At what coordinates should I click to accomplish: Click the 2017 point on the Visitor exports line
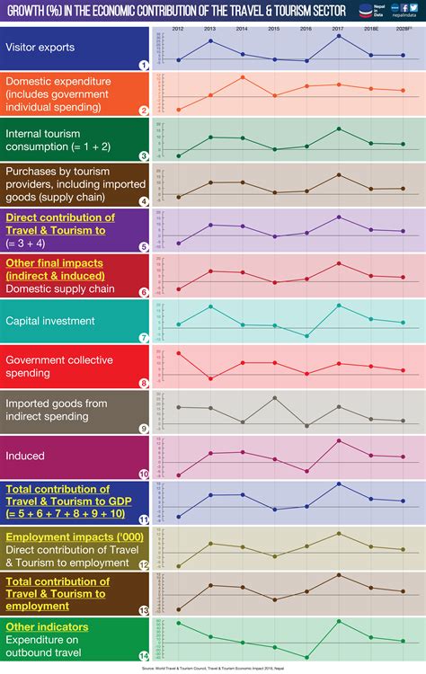tap(339, 36)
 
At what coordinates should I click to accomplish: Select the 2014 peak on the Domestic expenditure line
tap(243, 77)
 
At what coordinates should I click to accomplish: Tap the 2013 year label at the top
tap(210, 29)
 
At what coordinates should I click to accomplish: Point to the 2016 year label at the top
tap(306, 29)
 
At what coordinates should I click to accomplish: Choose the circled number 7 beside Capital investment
tap(144, 338)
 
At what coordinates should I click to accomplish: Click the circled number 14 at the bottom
tap(144, 655)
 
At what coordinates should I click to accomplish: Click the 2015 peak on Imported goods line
tap(275, 397)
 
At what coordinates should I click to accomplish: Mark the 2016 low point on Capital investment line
tap(306, 336)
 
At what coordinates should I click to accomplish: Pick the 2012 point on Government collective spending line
tap(179, 353)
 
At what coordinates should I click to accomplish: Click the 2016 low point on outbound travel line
tap(306, 656)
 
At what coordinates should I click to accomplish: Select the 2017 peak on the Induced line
tap(339, 440)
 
